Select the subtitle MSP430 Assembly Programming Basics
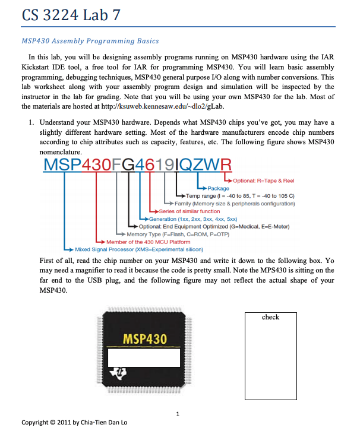coord(90,41)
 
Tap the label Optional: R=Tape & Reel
coord(263,180)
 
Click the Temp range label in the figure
coord(241,196)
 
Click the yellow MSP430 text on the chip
coord(144,339)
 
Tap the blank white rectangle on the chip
coord(144,358)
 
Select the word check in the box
coord(270,317)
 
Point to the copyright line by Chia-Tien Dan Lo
coord(74,423)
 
